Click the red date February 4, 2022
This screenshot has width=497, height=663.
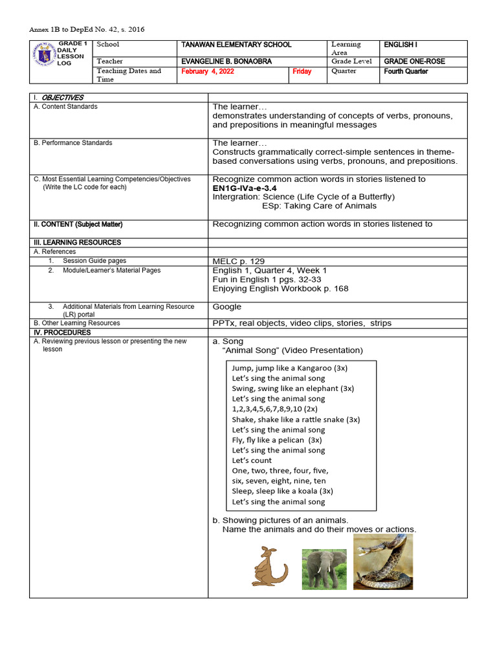208,72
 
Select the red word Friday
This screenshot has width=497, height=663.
302,72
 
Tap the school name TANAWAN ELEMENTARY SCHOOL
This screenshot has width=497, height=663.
236,45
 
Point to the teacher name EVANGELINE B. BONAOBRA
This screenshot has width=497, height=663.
226,62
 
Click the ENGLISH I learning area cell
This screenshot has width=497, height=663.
401,45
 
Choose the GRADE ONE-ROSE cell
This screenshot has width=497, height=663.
414,62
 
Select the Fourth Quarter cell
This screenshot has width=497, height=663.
406,71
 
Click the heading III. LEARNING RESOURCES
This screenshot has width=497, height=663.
77,242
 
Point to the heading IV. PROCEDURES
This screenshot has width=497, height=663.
62,332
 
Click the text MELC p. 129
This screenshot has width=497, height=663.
238,261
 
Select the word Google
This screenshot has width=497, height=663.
227,306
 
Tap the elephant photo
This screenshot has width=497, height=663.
324,569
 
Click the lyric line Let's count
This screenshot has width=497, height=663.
252,460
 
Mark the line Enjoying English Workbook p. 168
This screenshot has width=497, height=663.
280,288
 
